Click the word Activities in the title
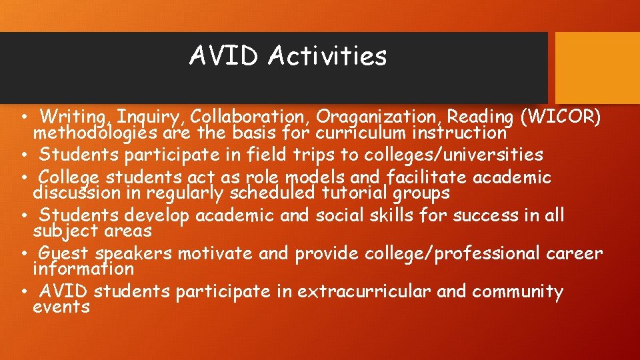(x=327, y=56)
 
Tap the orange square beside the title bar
(x=597, y=68)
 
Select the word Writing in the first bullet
(x=75, y=117)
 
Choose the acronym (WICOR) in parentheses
(x=563, y=117)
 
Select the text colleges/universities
(x=453, y=155)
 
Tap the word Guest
(x=65, y=253)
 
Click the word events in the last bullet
(x=61, y=307)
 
